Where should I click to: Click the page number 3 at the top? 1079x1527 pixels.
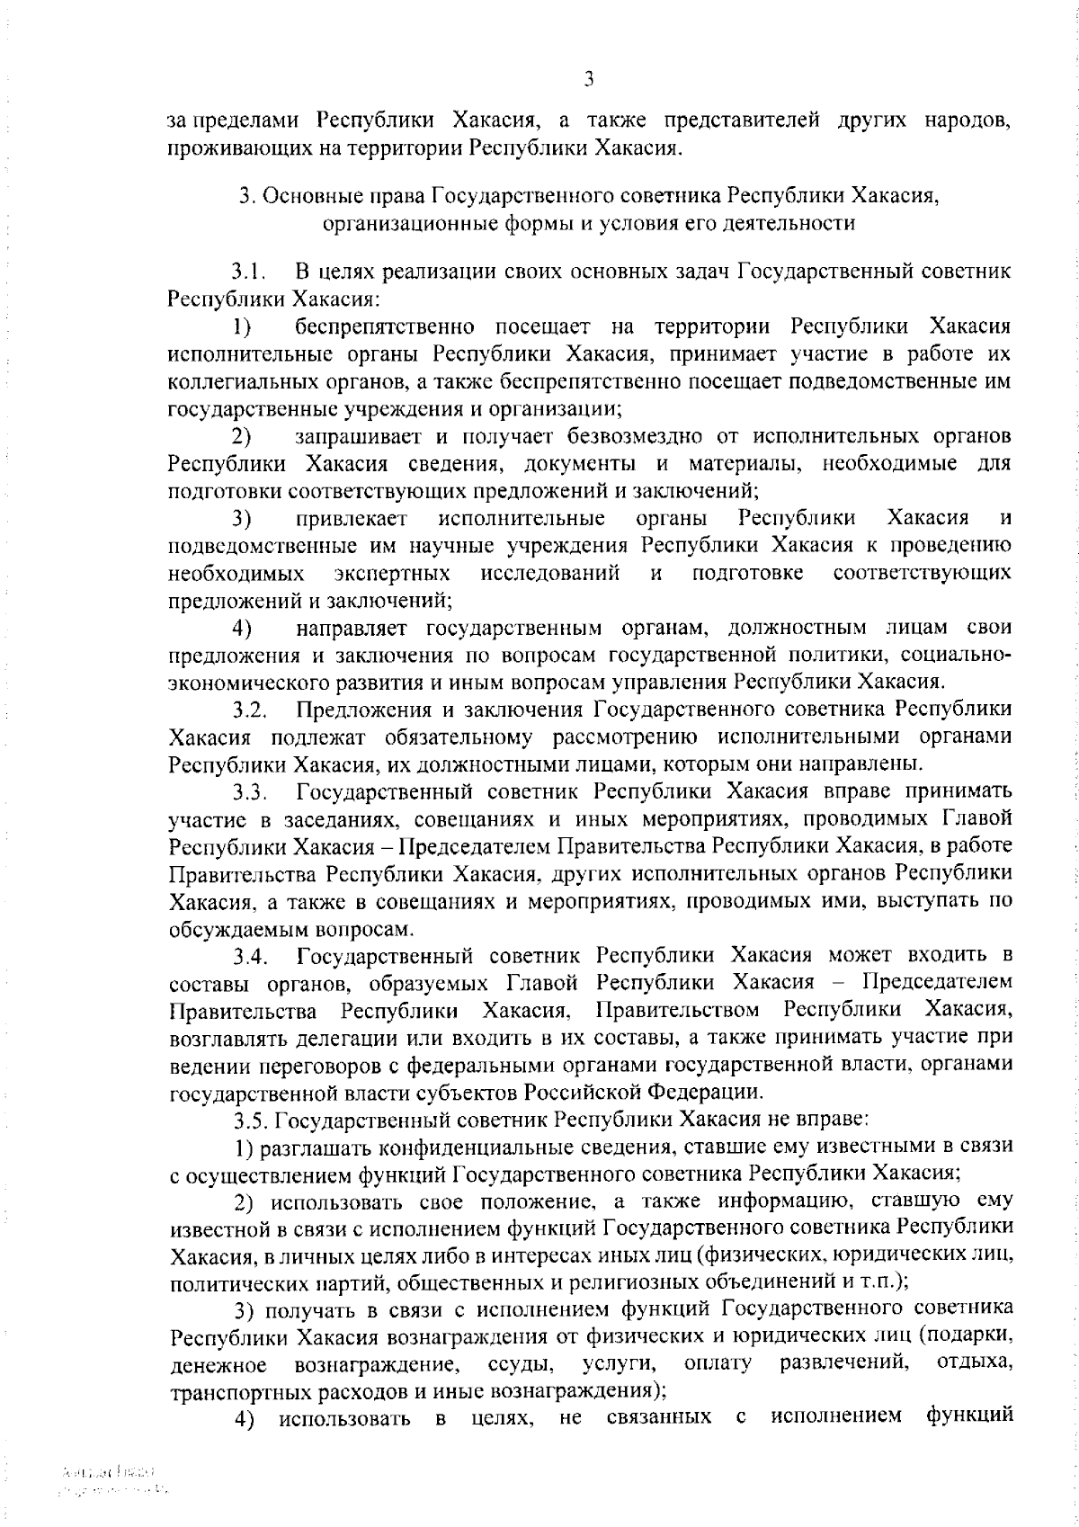point(588,79)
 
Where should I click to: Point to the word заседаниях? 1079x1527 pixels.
point(323,819)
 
